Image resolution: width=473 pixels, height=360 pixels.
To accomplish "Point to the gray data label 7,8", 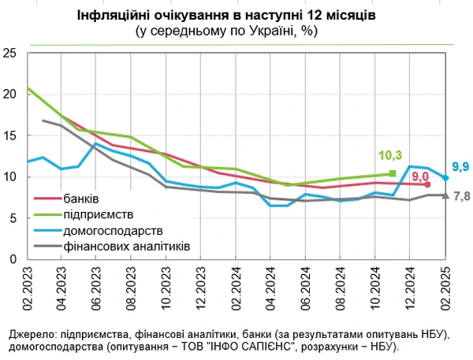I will tap(461, 195).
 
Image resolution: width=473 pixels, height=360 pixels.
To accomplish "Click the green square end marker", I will tap(393, 174).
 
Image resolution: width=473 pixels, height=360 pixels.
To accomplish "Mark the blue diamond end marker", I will tap(445, 178).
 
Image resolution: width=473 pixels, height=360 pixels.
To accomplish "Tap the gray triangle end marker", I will tap(445, 195).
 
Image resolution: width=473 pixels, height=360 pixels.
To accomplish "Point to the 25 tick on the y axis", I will tap(9, 53).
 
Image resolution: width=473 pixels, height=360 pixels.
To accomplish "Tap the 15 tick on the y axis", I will tap(9, 135).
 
